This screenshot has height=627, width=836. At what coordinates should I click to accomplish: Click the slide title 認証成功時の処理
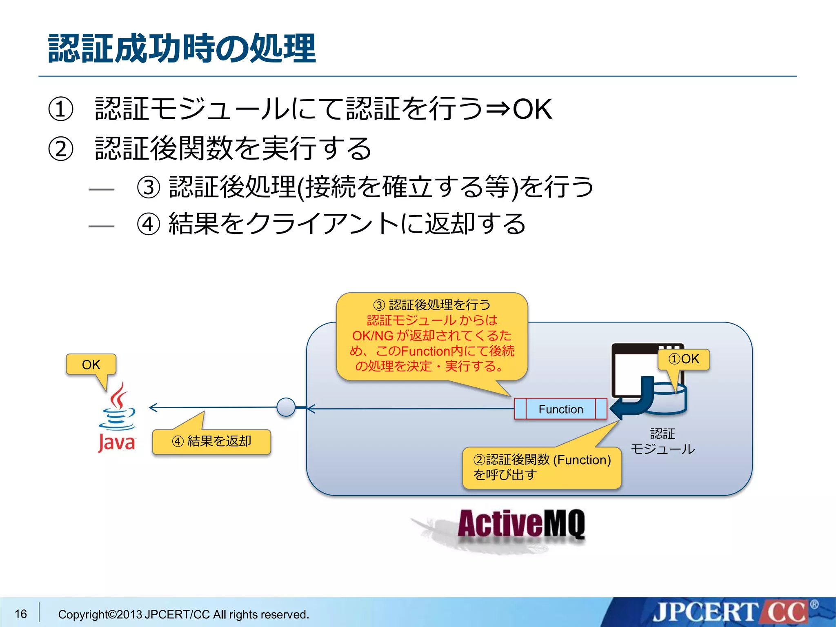[182, 49]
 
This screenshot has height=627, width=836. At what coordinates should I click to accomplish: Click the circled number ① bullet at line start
[60, 109]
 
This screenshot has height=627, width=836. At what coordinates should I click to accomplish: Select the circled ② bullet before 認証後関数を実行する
[60, 149]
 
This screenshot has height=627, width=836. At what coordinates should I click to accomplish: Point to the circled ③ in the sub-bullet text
[148, 187]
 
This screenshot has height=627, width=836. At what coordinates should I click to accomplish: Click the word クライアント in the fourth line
[322, 224]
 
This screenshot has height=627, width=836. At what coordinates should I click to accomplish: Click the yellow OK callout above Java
[91, 365]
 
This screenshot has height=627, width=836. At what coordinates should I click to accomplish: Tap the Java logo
[117, 418]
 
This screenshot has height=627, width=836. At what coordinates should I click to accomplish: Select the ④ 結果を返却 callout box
[211, 442]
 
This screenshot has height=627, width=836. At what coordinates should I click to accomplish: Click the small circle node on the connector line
[286, 407]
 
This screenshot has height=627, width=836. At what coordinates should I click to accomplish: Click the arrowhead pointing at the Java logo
[153, 407]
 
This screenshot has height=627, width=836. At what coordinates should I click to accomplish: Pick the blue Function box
[560, 409]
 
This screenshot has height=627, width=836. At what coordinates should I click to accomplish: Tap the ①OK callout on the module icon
[684, 359]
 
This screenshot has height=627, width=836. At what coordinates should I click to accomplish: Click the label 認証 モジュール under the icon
[662, 441]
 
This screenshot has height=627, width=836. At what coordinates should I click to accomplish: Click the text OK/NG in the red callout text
[372, 336]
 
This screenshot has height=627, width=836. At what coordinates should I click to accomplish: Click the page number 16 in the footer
[21, 614]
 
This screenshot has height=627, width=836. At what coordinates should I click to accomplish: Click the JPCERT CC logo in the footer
[731, 612]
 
